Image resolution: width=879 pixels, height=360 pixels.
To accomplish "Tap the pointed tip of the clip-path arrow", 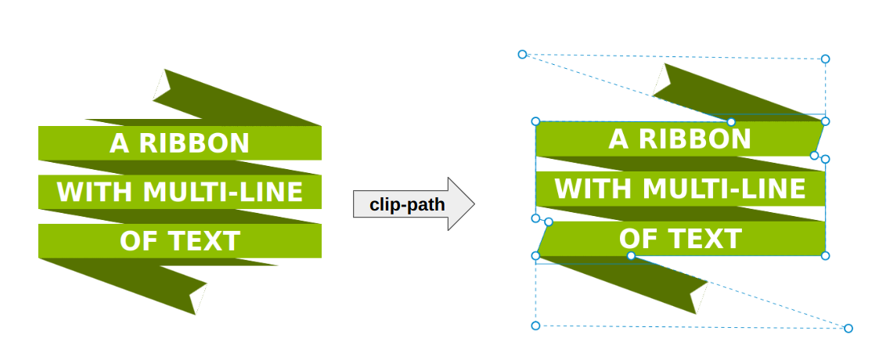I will tap(474, 204).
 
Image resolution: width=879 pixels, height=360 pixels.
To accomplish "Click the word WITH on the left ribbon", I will tap(85, 192).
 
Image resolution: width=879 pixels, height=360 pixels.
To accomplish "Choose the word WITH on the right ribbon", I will tap(585, 189).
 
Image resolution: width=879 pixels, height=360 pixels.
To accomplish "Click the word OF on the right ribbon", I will tap(635, 239).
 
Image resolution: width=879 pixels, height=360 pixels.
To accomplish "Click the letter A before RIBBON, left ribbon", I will tap(118, 143).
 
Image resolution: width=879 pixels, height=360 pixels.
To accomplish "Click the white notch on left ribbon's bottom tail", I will tap(200, 300).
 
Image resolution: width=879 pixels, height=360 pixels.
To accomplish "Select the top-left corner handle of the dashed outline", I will tap(523, 54).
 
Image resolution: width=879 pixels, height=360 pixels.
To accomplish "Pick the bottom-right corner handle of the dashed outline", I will tap(848, 328).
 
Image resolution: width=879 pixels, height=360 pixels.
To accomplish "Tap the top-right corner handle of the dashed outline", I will tap(825, 59).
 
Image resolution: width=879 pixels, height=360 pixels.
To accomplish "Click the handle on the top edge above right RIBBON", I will tap(731, 121).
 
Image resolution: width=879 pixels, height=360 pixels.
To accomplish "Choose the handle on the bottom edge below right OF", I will tap(631, 256).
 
